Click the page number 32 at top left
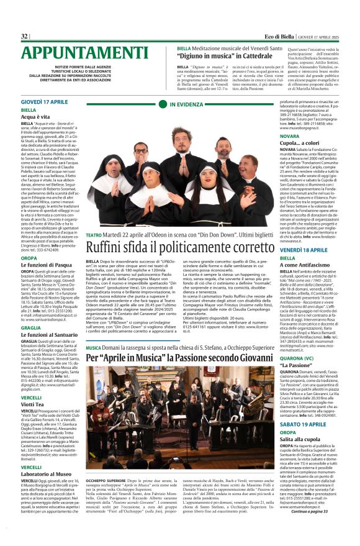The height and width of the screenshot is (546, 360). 25,37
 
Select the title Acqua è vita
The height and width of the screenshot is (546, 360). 35,116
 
